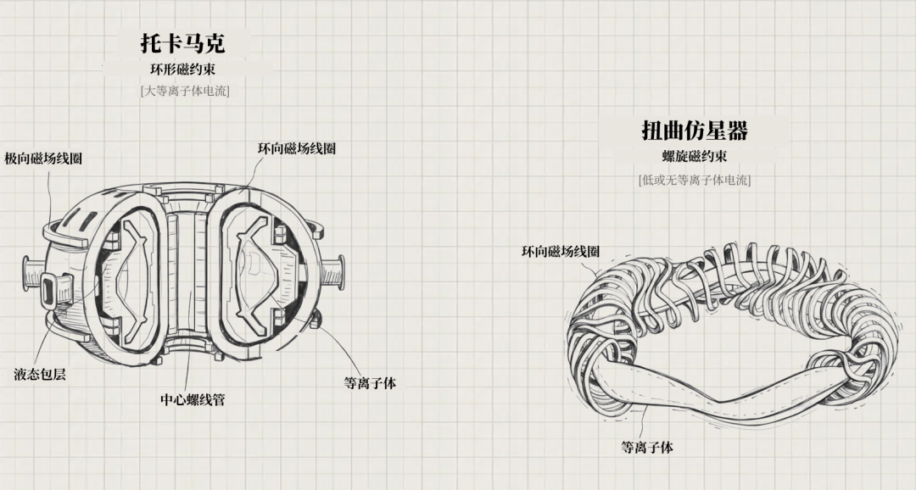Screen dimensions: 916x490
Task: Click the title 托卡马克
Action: (x=182, y=43)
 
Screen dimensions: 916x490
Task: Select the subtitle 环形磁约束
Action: (x=184, y=70)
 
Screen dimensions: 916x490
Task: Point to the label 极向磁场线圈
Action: (x=43, y=159)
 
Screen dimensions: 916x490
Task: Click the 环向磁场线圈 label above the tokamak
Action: (x=297, y=148)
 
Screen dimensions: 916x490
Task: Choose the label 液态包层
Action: (x=40, y=374)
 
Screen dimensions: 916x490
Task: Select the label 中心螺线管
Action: (x=193, y=398)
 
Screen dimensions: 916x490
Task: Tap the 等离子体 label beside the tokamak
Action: (x=370, y=383)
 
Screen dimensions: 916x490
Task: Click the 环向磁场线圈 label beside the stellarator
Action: (x=561, y=252)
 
